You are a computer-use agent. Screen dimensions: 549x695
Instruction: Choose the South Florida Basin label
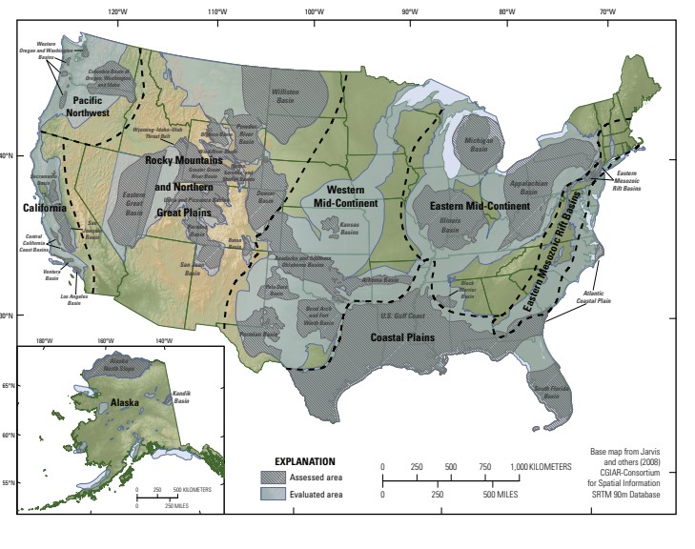click(552, 390)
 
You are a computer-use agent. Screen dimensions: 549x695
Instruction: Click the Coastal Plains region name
click(402, 336)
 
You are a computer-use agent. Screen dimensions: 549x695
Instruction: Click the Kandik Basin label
click(181, 395)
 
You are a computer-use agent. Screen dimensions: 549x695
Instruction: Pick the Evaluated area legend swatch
click(276, 494)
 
